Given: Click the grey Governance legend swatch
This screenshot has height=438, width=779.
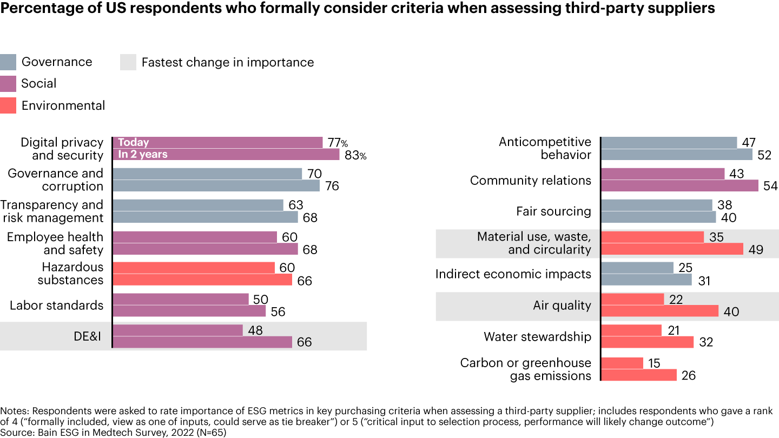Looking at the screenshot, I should (8, 62).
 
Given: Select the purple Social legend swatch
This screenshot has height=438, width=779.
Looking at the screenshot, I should (8, 84).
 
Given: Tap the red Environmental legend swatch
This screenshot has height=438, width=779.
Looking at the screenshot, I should (8, 105).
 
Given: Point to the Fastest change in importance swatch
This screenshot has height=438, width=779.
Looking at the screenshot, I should (128, 62).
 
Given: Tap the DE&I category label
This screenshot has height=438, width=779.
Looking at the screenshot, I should (88, 336).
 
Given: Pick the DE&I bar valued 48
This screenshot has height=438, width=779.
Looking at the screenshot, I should (178, 330).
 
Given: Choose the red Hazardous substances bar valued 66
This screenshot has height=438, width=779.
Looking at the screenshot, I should (202, 280).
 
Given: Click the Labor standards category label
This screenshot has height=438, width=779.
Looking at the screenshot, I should (56, 306).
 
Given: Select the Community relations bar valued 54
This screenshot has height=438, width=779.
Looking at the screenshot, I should (679, 186).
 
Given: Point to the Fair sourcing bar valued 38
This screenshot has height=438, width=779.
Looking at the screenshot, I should (657, 205).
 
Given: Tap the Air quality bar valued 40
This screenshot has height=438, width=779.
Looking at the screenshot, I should (659, 311).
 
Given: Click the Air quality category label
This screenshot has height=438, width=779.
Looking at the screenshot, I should (562, 306).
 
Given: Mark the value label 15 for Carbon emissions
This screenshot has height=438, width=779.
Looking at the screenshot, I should (654, 363).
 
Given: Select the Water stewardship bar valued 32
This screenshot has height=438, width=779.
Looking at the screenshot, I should (647, 342).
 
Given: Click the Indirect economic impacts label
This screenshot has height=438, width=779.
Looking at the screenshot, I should (513, 274).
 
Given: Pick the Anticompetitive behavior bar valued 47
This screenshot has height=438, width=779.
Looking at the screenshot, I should (669, 143).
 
